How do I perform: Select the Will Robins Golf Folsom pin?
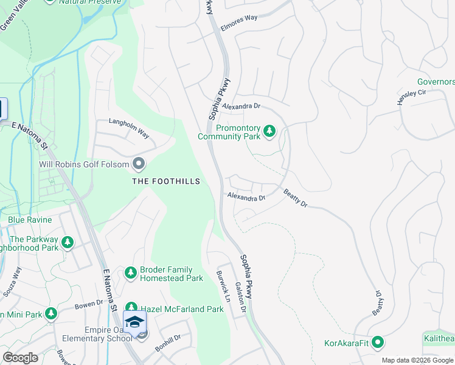point(139,164)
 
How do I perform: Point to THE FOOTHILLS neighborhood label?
point(166,181)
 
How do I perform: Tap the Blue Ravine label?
point(30,220)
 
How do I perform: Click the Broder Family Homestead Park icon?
point(130,273)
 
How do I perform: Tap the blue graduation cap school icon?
point(134,321)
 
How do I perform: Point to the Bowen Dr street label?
point(89,302)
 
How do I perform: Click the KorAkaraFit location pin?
point(377,342)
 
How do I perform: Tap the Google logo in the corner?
point(20,358)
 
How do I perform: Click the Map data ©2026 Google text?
point(417,360)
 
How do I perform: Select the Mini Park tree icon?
point(51,314)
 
